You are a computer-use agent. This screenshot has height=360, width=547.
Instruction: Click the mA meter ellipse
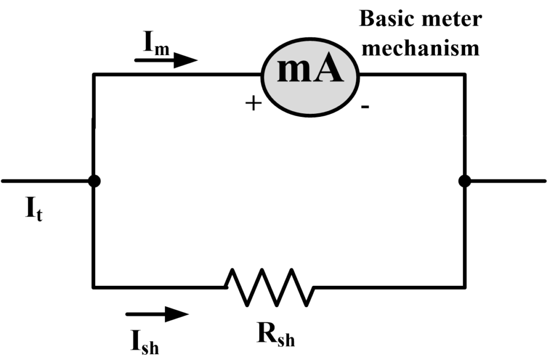click(310, 75)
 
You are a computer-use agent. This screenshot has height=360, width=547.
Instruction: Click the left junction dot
click(94, 181)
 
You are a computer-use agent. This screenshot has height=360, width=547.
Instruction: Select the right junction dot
click(464, 181)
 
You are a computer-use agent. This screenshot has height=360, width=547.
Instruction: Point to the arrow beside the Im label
click(166, 60)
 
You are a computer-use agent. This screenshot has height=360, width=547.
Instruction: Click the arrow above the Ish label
click(157, 314)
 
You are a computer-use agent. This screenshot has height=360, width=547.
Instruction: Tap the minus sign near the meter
click(365, 107)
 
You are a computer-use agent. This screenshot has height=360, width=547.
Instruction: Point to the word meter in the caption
click(454, 19)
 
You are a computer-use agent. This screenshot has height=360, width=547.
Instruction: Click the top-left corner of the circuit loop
click(94, 75)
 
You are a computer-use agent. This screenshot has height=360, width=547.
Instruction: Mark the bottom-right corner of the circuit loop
click(464, 287)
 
